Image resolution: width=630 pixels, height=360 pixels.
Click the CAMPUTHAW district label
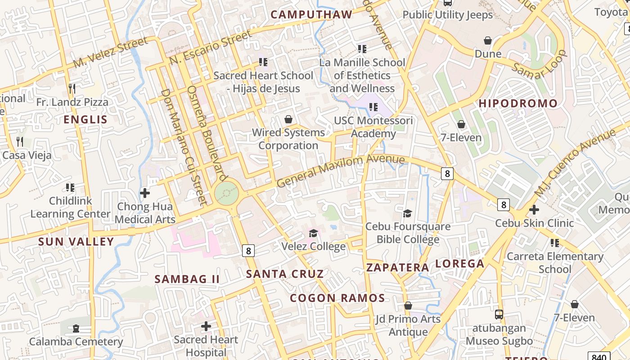tap(311, 14)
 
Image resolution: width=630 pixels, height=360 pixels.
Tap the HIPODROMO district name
tap(518, 103)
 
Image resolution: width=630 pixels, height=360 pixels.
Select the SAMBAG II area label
tap(187, 279)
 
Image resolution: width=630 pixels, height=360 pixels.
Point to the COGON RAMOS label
tap(337, 298)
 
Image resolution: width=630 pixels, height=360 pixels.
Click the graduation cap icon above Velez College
tap(313, 233)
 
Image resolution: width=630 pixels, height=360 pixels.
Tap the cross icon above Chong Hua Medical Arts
tap(145, 193)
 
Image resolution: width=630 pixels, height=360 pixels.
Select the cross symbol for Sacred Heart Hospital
tap(206, 326)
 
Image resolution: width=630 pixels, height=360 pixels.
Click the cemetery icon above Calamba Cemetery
tap(76, 328)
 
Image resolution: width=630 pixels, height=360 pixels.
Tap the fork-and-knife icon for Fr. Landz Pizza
tap(72, 88)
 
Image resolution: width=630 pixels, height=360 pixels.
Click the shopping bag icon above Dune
tap(488, 41)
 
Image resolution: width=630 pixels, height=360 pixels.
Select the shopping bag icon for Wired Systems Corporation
tap(288, 119)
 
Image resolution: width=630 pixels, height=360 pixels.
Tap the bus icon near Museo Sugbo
tap(499, 315)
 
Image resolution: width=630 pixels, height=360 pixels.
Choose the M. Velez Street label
tap(110, 53)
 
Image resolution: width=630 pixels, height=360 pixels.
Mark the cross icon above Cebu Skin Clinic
tap(534, 210)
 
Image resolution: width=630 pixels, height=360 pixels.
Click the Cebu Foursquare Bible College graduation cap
tap(408, 213)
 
